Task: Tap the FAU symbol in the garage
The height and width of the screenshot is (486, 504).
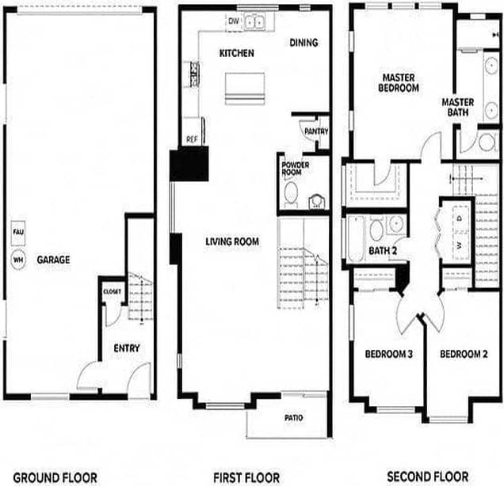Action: [17, 232]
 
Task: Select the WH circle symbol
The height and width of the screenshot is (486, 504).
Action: [17, 259]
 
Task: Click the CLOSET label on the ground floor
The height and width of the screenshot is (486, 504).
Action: [112, 292]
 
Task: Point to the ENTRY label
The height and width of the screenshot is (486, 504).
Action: [127, 348]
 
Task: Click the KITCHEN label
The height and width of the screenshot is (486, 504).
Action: [236, 53]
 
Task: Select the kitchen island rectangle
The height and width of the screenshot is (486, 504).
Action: [243, 88]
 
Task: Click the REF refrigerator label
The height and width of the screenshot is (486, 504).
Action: [192, 139]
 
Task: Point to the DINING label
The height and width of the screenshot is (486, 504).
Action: [304, 43]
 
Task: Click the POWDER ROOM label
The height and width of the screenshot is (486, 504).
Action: [295, 169]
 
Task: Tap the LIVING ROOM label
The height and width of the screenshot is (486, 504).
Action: [232, 241]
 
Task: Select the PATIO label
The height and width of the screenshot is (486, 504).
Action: [293, 418]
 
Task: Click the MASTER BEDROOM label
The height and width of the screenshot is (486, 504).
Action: [400, 83]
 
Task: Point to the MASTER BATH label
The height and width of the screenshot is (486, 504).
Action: [457, 108]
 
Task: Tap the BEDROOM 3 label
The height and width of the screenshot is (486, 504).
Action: [389, 354]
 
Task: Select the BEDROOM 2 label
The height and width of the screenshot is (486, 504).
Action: [464, 354]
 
